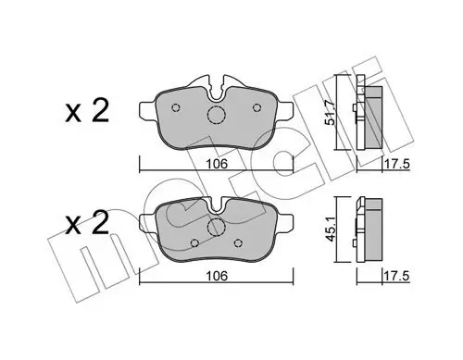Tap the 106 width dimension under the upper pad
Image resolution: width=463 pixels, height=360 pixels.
click(x=215, y=165)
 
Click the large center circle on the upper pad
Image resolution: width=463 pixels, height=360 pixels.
click(x=216, y=117)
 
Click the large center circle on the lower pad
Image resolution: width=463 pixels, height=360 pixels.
click(x=216, y=229)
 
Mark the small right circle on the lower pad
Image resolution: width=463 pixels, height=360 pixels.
click(x=239, y=244)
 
